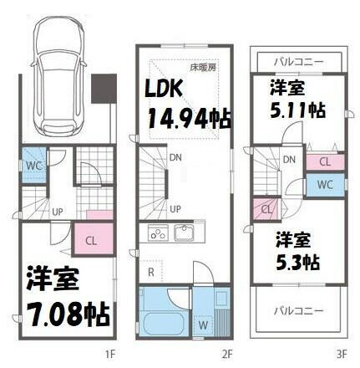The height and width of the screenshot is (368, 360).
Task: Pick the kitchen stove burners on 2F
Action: tap(159, 233)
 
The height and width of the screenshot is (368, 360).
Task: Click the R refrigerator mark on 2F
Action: tap(151, 272)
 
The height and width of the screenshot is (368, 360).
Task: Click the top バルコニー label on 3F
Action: tap(298, 61)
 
